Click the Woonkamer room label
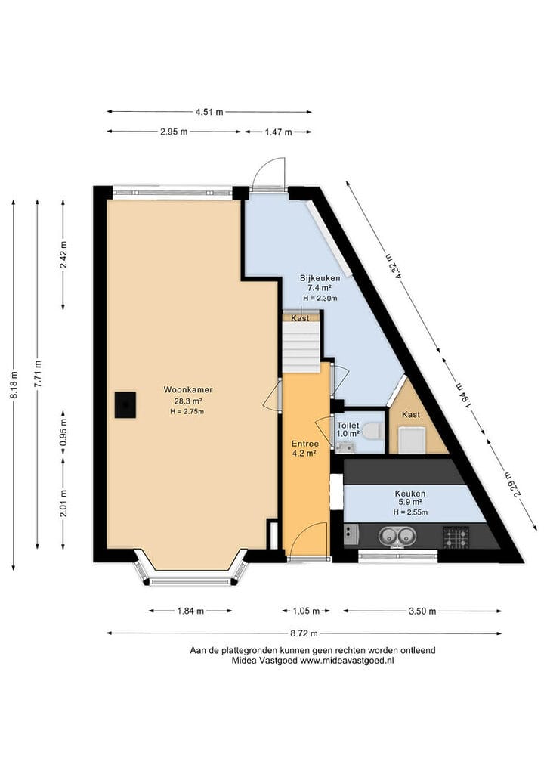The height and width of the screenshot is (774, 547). pos(188,389)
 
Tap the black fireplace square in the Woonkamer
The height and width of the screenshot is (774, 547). pos(125,405)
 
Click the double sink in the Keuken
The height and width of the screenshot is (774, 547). pos(396,536)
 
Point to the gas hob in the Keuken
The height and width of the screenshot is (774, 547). pos(456,537)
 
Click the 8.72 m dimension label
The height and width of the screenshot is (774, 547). pos(304,633)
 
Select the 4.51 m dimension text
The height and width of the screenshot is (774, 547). pos(209,112)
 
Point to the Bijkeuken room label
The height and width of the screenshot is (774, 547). pos(320,278)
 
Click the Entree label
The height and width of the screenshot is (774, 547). pos(304,443)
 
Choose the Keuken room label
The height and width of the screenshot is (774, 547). pos(410,493)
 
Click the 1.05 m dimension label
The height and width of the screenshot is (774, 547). pos(306,611)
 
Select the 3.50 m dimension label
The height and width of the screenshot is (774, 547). pos(422,611)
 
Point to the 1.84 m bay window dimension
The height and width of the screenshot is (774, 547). pos(190,611)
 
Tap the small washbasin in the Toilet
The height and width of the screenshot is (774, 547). pos(345,447)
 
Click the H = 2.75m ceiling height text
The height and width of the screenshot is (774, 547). pos(187,412)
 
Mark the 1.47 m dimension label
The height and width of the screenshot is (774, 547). pos(278,132)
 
